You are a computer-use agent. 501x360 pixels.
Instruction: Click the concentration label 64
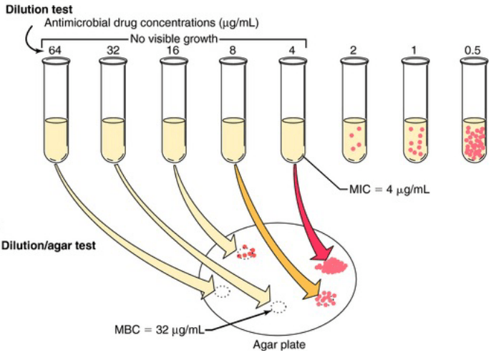tap(54, 51)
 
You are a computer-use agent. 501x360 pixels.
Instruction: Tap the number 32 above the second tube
tap(113, 51)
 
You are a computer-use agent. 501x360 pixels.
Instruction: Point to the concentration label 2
tap(353, 51)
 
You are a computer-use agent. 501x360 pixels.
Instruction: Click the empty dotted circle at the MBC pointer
tap(278, 307)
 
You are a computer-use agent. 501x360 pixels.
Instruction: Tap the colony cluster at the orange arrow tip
tap(327, 297)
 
